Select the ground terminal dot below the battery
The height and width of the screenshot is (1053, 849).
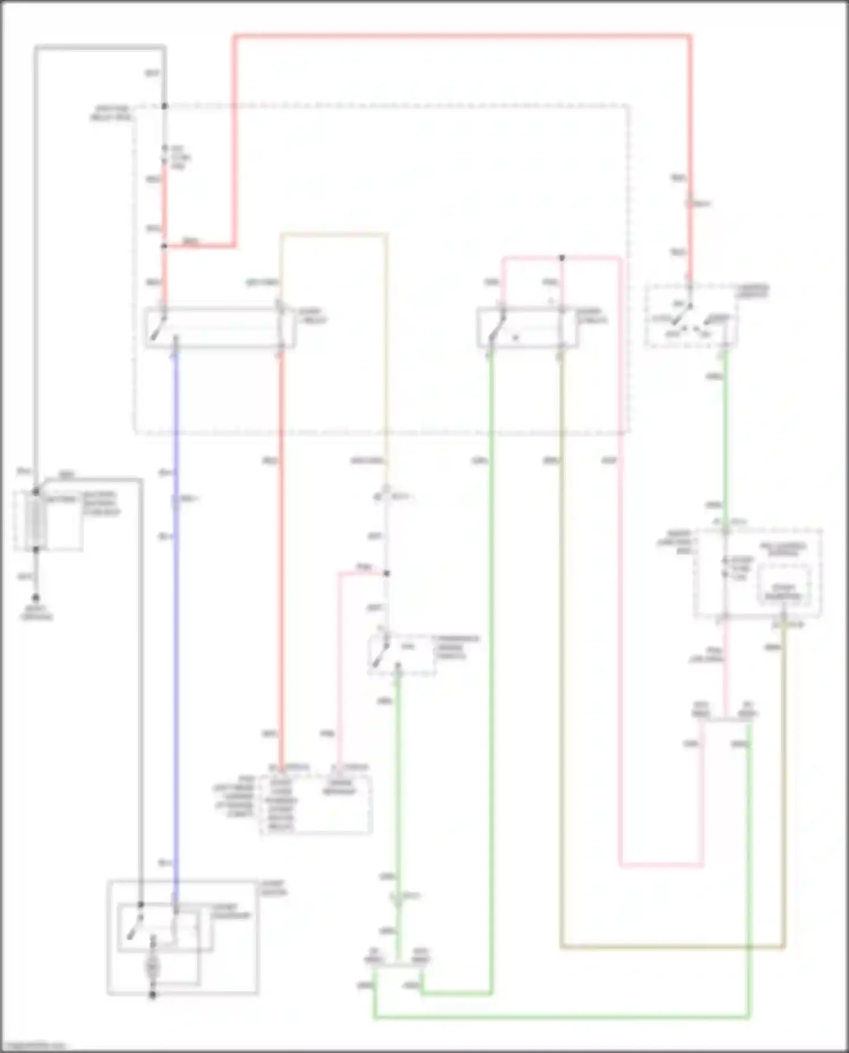pyautogui.click(x=36, y=598)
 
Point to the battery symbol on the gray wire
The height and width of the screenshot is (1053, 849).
pyautogui.click(x=36, y=521)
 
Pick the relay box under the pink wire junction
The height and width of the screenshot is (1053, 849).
pyautogui.click(x=528, y=328)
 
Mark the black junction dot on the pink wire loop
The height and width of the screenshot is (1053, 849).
pyautogui.click(x=562, y=258)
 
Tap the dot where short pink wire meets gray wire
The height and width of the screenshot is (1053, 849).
pyautogui.click(x=387, y=573)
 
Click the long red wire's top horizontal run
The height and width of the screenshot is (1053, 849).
pyautogui.click(x=461, y=37)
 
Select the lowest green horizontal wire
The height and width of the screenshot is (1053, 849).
pyautogui.click(x=560, y=1018)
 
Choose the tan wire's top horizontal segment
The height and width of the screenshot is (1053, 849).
pyautogui.click(x=334, y=234)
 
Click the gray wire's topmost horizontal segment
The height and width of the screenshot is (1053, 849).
pyautogui.click(x=100, y=47)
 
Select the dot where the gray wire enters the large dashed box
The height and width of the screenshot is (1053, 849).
pyautogui.click(x=165, y=106)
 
